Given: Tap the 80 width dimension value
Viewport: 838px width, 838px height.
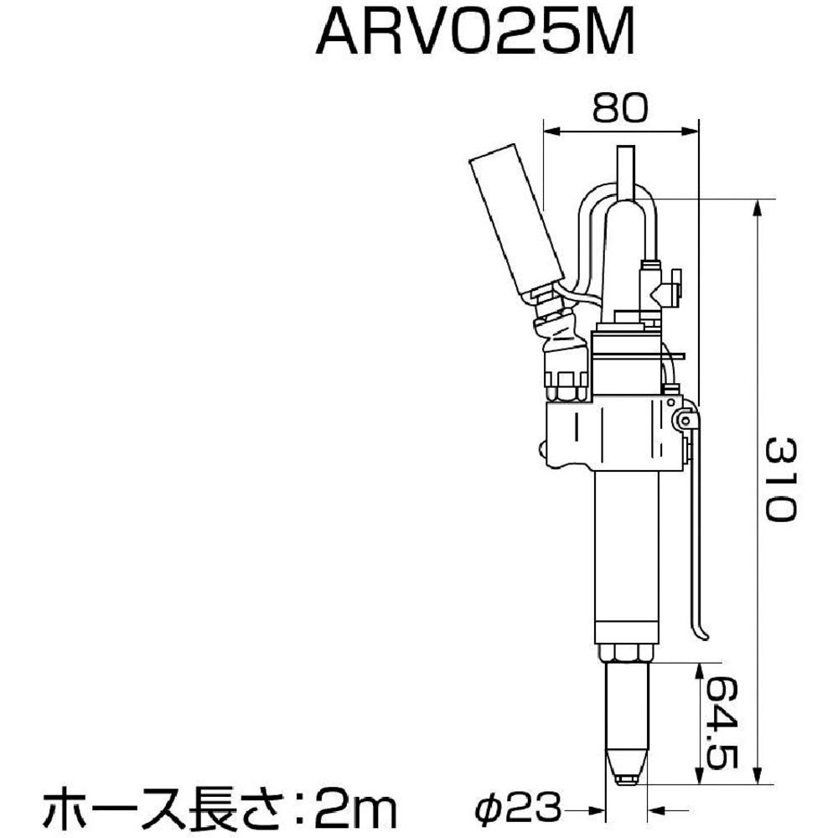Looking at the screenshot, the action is pos(620,108).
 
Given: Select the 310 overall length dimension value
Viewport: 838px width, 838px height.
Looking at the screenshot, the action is pos(781,478).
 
